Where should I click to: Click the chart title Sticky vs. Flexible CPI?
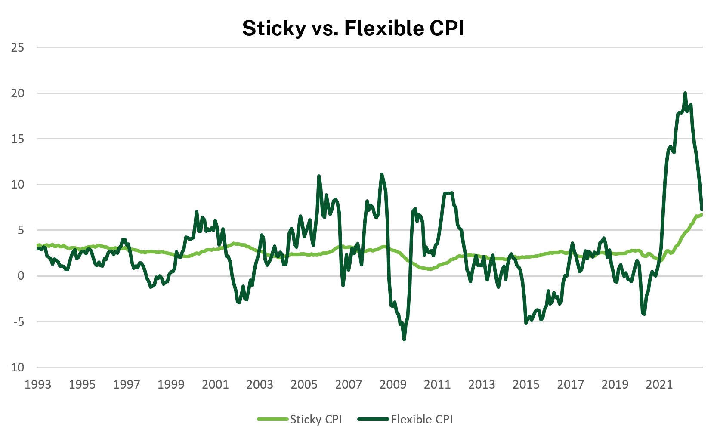[x=353, y=28]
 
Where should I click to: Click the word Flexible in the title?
[x=377, y=28]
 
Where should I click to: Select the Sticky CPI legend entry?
[x=315, y=419]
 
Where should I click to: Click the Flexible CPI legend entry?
[x=421, y=419]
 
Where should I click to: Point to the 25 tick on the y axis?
[x=18, y=47]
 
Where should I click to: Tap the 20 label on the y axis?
[x=18, y=93]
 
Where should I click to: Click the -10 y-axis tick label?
[x=15, y=367]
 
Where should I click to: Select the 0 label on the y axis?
[x=21, y=276]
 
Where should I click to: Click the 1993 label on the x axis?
[x=38, y=384]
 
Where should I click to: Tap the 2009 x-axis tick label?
[x=393, y=384]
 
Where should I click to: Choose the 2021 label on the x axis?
[x=659, y=384]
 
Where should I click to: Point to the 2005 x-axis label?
[x=304, y=384]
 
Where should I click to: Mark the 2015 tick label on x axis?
[x=526, y=384]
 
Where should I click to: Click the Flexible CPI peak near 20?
[x=685, y=93]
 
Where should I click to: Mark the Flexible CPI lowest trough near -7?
[x=404, y=340]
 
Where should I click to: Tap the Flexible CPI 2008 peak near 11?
[x=382, y=174]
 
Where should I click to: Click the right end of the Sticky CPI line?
[x=702, y=214]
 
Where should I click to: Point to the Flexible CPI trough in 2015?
[x=526, y=323]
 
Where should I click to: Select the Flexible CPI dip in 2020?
[x=644, y=314]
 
